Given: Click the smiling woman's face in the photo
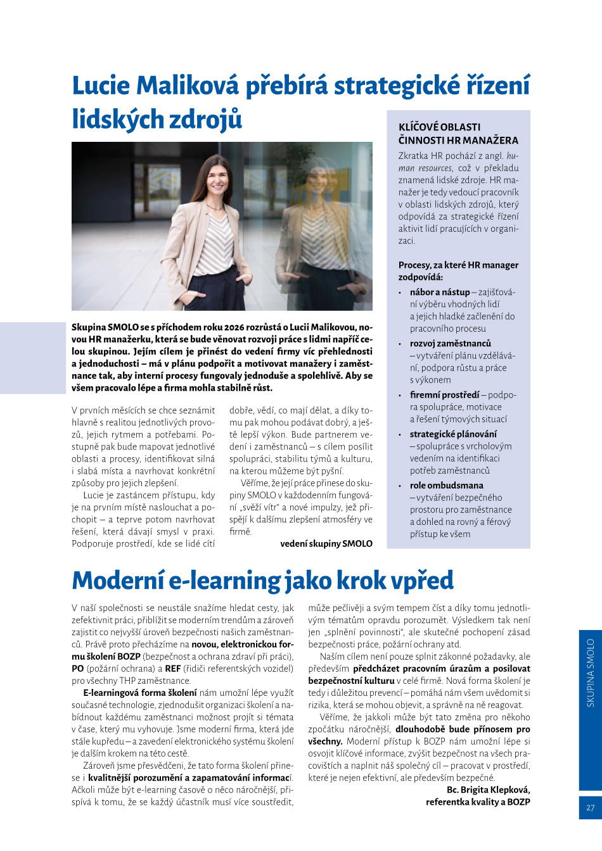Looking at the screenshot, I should (x=217, y=179).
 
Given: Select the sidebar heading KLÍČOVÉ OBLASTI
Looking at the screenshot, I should (x=440, y=127).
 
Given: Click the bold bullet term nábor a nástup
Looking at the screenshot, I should (x=440, y=292).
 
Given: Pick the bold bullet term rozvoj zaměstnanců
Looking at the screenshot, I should (x=450, y=343).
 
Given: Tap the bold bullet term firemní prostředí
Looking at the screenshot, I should (x=444, y=394).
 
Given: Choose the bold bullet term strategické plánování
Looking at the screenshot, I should (x=453, y=434).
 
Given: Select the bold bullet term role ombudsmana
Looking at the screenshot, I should (x=446, y=485).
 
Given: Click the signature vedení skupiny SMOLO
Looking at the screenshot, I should (x=326, y=543).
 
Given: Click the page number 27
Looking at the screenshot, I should (x=590, y=807).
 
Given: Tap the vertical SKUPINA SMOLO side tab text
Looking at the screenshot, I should (x=590, y=672).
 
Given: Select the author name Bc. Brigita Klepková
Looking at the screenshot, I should (x=488, y=790).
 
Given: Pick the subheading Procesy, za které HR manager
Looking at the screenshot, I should (x=458, y=265).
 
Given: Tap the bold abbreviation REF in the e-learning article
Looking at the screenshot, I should (x=173, y=668).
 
